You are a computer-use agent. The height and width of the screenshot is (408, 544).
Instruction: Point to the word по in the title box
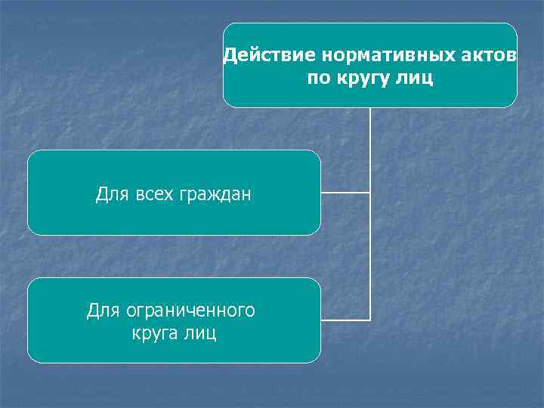point(317,78)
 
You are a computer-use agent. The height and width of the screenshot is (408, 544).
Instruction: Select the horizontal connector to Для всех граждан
point(345,193)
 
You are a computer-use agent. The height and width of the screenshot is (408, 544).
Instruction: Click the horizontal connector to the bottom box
point(345,320)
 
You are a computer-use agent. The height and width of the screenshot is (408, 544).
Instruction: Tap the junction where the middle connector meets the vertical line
point(370,193)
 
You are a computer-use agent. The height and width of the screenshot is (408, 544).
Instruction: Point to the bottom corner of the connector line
point(370,320)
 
